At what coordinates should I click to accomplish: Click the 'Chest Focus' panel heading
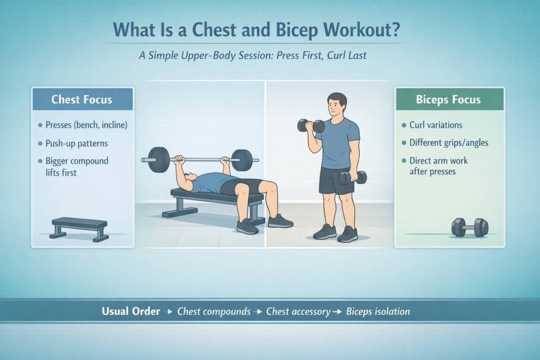(82, 99)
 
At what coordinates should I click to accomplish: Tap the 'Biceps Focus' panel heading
(448, 99)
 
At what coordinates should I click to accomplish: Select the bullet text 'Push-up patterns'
(76, 143)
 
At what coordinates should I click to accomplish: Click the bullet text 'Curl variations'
(436, 125)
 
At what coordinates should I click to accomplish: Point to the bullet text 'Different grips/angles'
(449, 143)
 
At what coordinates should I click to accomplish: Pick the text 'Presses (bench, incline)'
(86, 125)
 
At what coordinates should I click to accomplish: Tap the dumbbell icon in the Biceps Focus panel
(470, 227)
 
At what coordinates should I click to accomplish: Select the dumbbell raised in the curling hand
(311, 126)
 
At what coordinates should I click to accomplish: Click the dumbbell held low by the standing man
(352, 177)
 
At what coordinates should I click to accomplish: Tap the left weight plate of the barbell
(159, 160)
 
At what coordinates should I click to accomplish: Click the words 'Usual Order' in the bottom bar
(131, 311)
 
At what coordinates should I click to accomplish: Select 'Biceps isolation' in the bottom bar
(378, 312)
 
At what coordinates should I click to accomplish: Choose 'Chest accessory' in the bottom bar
(298, 312)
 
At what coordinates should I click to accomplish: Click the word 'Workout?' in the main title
(363, 30)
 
